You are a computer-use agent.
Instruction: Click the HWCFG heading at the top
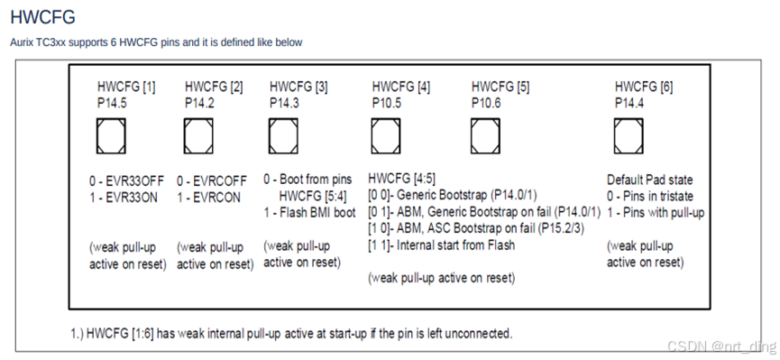(x=42, y=17)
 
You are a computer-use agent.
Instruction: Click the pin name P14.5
(x=112, y=103)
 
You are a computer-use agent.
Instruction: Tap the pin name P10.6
(x=486, y=103)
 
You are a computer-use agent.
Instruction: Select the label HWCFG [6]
(x=644, y=88)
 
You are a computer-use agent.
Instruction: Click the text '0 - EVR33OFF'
(x=127, y=180)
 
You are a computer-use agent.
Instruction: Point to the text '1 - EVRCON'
(x=208, y=198)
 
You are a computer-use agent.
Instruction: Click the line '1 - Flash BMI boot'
(x=309, y=213)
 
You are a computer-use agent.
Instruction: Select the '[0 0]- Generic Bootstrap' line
(x=453, y=195)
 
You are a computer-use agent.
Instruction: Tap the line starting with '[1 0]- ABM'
(x=476, y=228)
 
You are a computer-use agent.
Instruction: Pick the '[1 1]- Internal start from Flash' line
(x=441, y=245)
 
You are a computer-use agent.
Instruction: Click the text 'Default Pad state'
(x=649, y=180)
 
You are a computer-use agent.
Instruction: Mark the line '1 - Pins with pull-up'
(x=656, y=213)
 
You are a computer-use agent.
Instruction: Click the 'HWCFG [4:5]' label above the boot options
(x=402, y=179)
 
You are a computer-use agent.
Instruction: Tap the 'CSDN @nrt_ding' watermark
(x=721, y=346)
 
